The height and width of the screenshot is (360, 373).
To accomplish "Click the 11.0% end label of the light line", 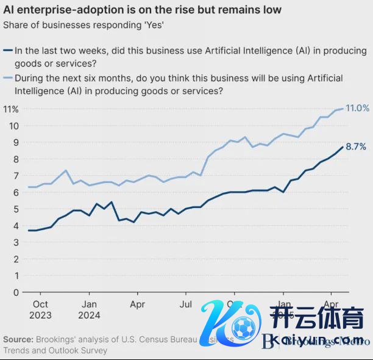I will pos(357,108).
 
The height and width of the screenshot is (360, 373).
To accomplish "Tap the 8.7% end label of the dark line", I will pos(356,146).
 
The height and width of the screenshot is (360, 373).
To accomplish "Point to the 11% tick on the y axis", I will pos(11,109).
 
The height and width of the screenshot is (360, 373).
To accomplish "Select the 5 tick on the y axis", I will pos(15,209).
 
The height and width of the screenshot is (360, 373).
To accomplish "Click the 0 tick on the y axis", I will pos(15,292).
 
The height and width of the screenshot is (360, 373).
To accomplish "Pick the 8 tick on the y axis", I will pos(15,159).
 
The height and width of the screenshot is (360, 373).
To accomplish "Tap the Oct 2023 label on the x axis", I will pos(41,309).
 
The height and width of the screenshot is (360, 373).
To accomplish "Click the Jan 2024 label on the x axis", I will pos(90,309).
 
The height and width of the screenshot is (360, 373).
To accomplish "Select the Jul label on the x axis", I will pos(187,303).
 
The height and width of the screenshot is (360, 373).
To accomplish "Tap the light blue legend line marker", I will pos(7,78).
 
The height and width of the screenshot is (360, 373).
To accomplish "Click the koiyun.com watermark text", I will pos(318,339).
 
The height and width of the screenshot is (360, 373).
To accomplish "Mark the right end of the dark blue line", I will pos(343,146).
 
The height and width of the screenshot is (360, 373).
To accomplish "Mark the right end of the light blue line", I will pos(343,109).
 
